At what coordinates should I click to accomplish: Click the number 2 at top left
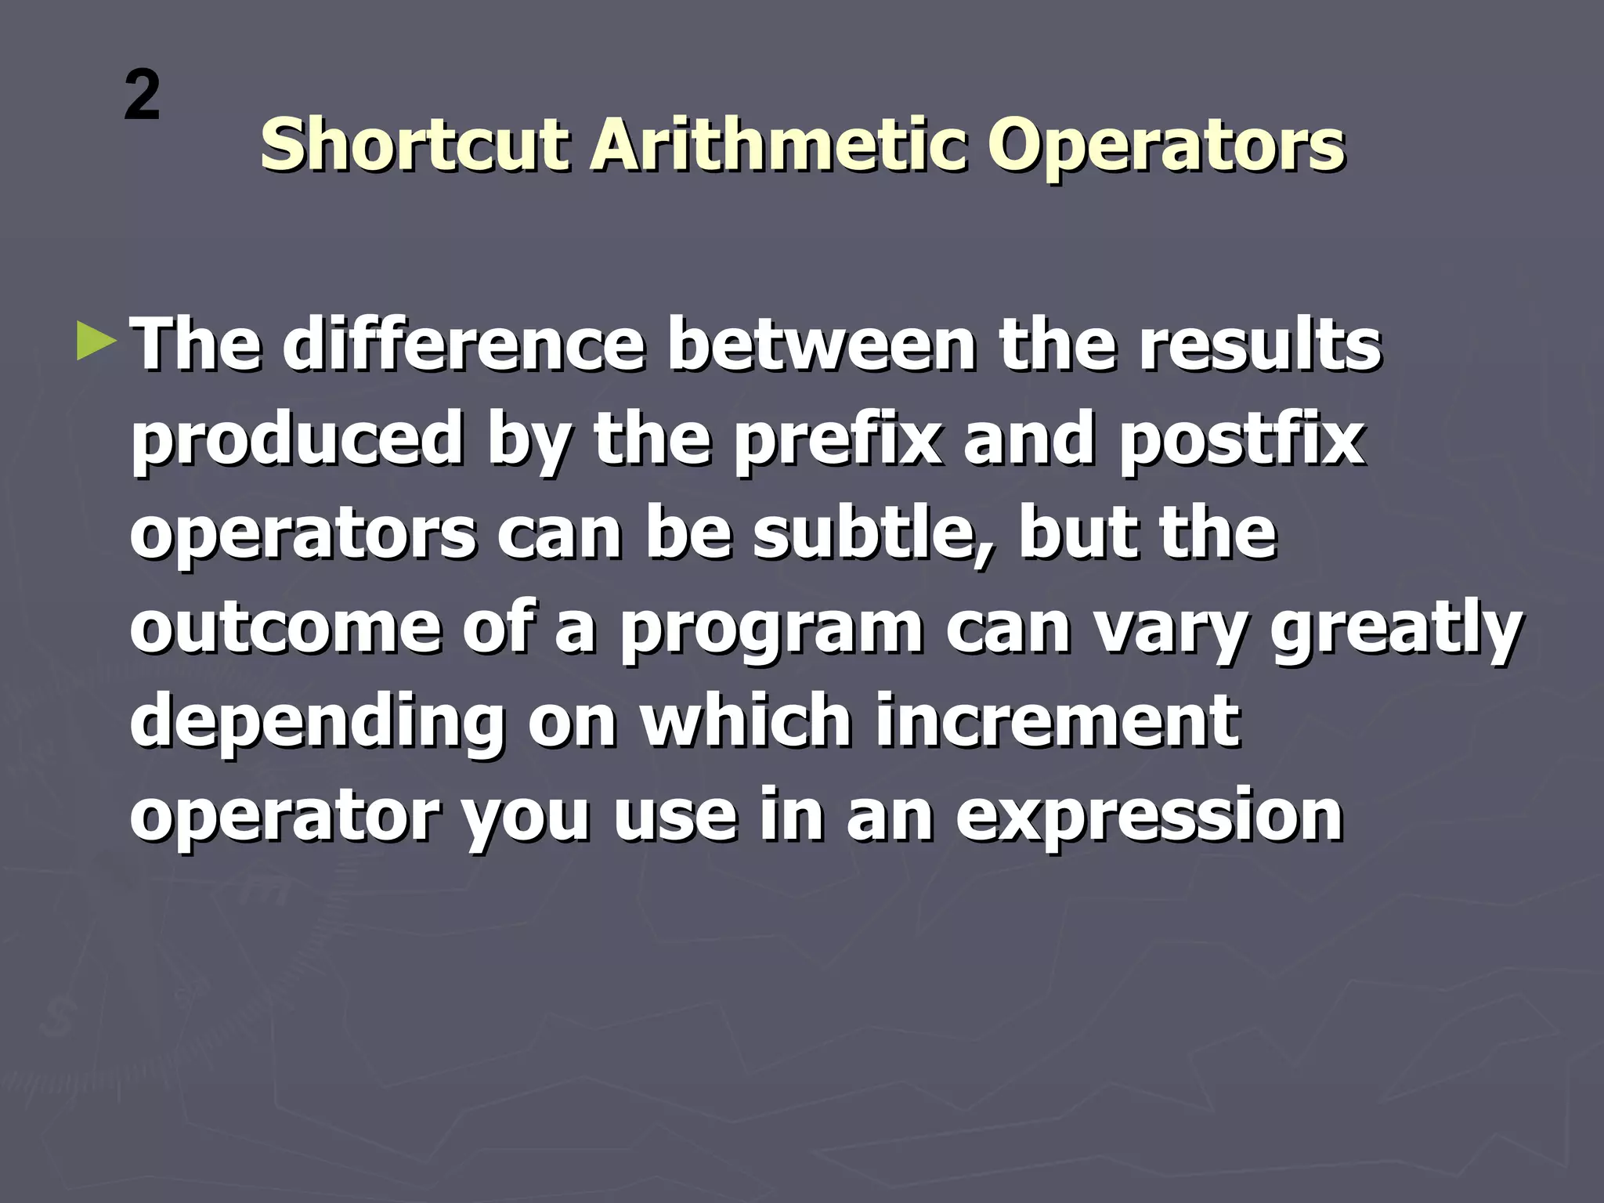tap(142, 96)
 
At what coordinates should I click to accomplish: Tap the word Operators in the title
tap(1165, 146)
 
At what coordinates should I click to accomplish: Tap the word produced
tap(297, 440)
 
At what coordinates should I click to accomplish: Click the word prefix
tap(837, 440)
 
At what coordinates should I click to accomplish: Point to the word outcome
tap(286, 627)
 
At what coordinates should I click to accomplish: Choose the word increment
tap(1057, 721)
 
